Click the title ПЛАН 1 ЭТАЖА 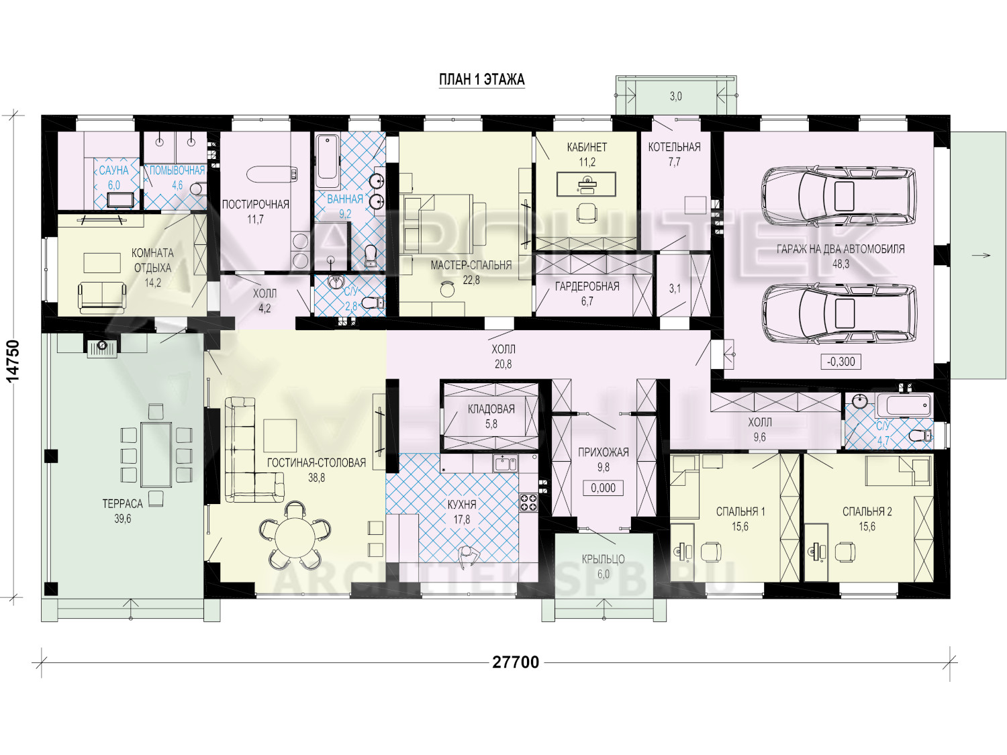(x=482, y=80)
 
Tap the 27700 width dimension (x=516, y=662)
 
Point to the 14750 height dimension (x=14, y=361)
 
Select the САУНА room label (x=113, y=170)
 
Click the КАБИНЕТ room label (x=587, y=147)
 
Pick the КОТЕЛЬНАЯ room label (x=675, y=147)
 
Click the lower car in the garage (x=838, y=315)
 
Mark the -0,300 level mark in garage (x=841, y=362)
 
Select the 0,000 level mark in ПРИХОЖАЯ (x=603, y=488)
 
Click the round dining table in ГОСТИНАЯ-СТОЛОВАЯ (x=294, y=540)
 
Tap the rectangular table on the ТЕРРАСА (x=156, y=454)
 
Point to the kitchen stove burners (x=528, y=502)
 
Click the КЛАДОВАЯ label (x=491, y=409)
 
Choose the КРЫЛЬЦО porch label (x=604, y=559)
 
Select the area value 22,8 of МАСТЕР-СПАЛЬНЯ (x=471, y=280)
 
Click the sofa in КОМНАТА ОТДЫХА (x=102, y=297)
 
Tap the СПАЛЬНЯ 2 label (x=867, y=511)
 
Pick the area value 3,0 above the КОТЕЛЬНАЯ (x=676, y=96)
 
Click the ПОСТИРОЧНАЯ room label (x=256, y=205)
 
